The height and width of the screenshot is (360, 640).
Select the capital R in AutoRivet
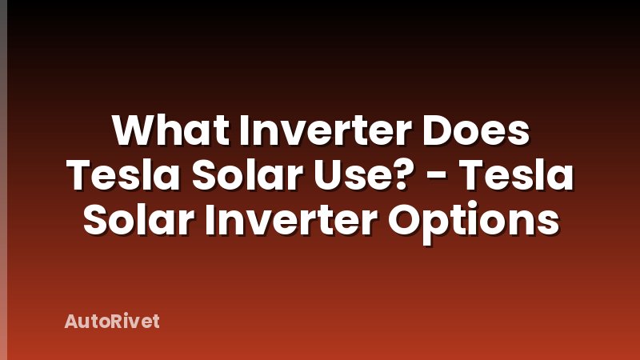point(110,322)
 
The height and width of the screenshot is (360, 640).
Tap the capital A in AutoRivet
point(70,322)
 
